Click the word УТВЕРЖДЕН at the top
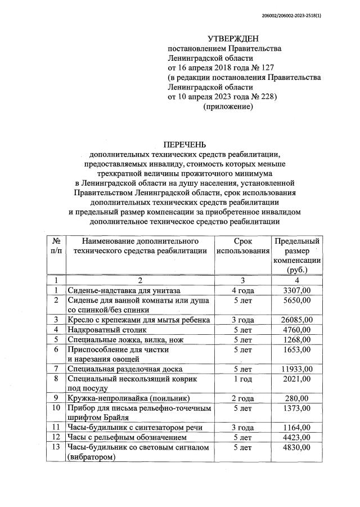coord(233,38)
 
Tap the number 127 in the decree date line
coord(258,67)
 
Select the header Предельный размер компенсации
coord(297,255)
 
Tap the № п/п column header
coord(56,246)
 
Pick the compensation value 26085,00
coord(296,320)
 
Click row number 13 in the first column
coord(56,447)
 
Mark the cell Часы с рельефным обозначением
coord(129,437)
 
